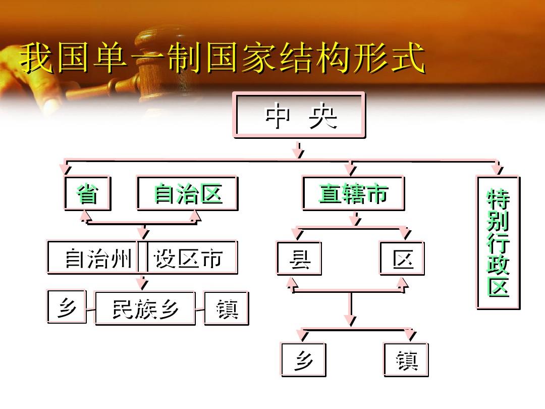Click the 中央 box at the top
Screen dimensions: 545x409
300,115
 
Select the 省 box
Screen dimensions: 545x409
88,193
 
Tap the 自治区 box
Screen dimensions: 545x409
187,193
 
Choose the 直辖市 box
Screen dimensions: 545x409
353,193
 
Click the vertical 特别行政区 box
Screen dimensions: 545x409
498,243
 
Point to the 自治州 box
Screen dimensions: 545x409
94,258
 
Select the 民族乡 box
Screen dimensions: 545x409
145,309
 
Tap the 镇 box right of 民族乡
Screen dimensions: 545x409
227,309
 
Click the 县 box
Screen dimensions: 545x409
299,259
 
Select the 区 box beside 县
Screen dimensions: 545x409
403,259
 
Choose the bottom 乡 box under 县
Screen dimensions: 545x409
303,360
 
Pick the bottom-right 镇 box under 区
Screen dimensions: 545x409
406,360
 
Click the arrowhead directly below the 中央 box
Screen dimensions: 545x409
298,153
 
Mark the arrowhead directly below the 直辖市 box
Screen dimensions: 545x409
355,220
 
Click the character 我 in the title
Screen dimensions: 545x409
36,58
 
